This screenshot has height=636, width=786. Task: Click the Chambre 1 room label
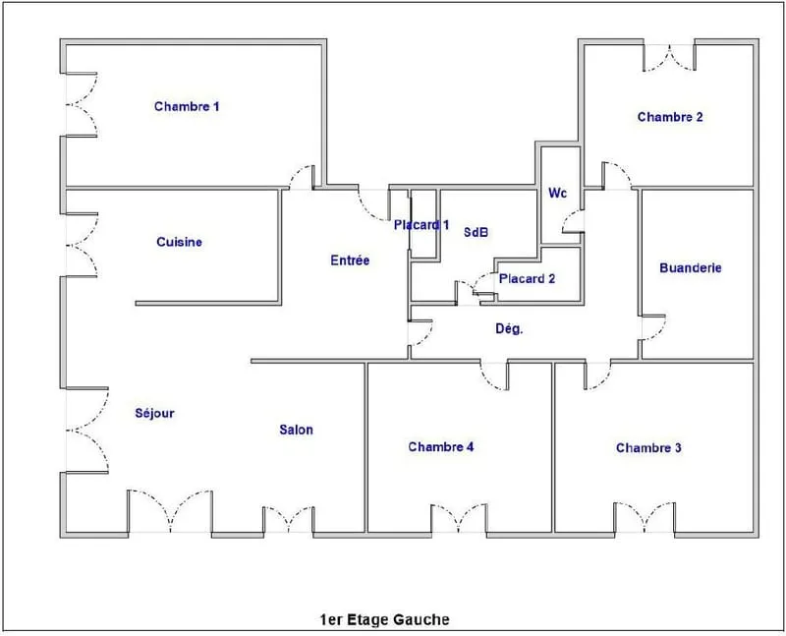187,106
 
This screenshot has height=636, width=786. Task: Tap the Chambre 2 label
670,117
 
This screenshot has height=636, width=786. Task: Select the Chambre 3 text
648,447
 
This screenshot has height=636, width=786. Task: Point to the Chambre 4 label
440,446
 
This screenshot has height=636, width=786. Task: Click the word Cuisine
180,242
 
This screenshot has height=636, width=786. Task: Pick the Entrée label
350,260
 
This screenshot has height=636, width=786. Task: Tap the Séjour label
154,413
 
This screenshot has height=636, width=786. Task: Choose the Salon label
297,430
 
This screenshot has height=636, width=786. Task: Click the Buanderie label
691,267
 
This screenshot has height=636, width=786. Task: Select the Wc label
557,193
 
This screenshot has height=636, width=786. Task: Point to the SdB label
476,232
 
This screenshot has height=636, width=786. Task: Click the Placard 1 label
421,225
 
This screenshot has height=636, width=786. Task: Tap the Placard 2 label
527,278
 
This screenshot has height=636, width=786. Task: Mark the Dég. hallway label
509,328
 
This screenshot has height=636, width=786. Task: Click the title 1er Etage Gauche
384,619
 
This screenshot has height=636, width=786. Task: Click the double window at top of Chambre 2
669,58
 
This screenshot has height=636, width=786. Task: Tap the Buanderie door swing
653,328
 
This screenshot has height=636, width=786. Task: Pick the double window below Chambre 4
459,519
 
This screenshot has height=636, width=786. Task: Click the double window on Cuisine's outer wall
82,245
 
